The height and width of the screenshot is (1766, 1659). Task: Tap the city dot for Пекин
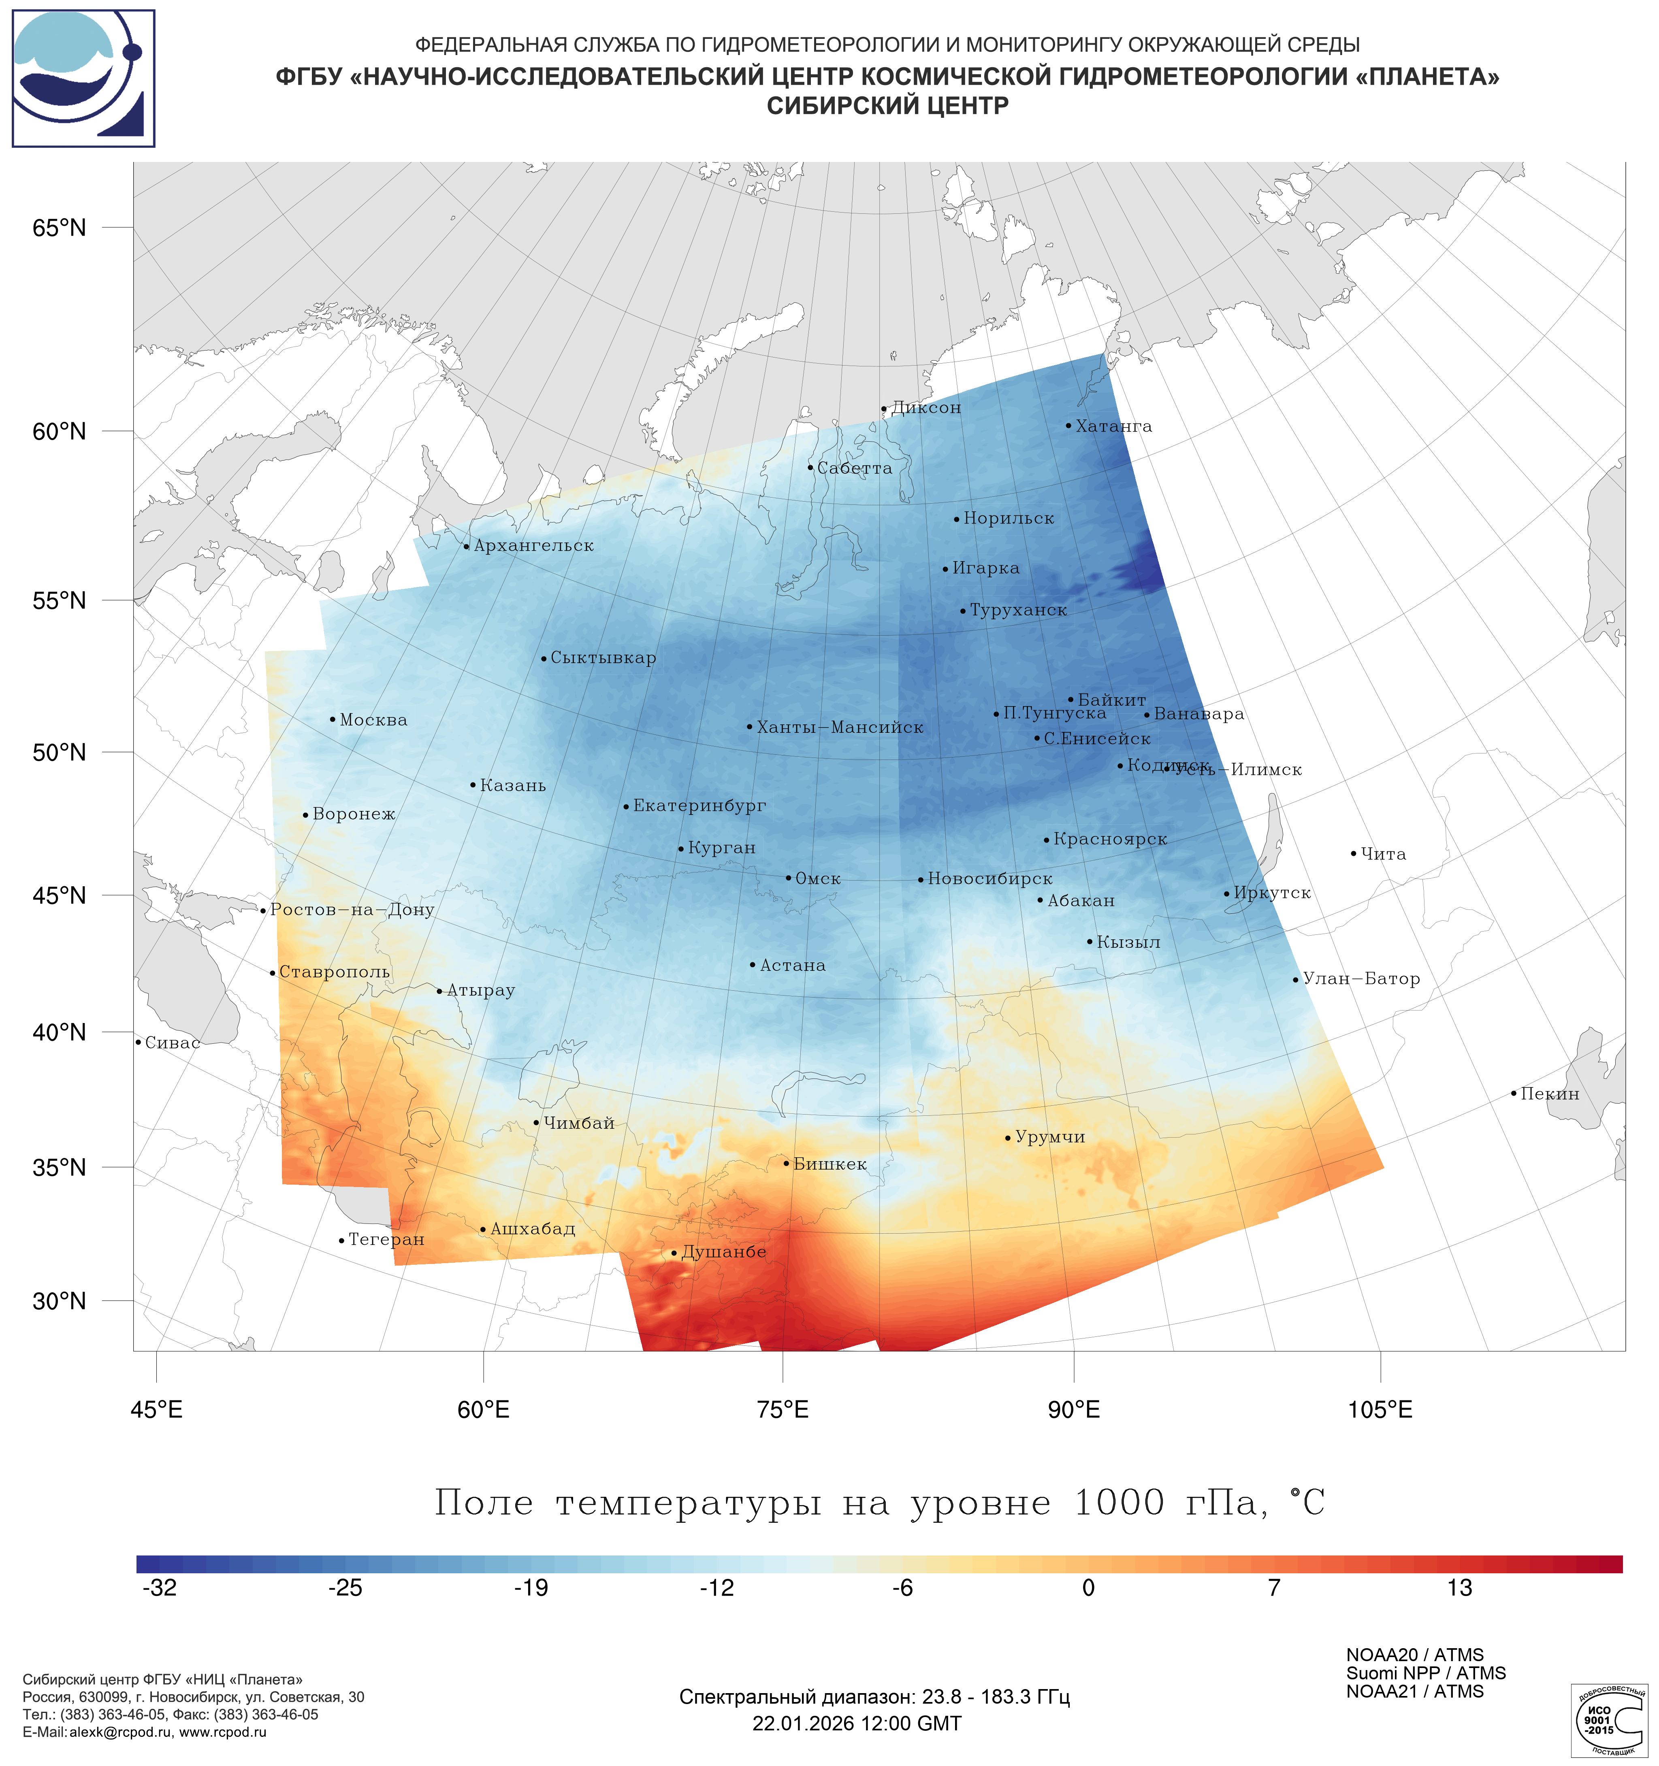(x=1513, y=1094)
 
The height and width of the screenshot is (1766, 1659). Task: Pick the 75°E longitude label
(x=783, y=1410)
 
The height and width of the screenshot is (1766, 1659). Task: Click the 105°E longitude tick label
(x=1380, y=1410)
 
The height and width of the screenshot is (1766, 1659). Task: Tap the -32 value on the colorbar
(x=160, y=1588)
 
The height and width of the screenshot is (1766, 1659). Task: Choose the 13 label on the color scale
(x=1459, y=1588)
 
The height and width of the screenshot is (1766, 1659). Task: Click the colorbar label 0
(x=1089, y=1588)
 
